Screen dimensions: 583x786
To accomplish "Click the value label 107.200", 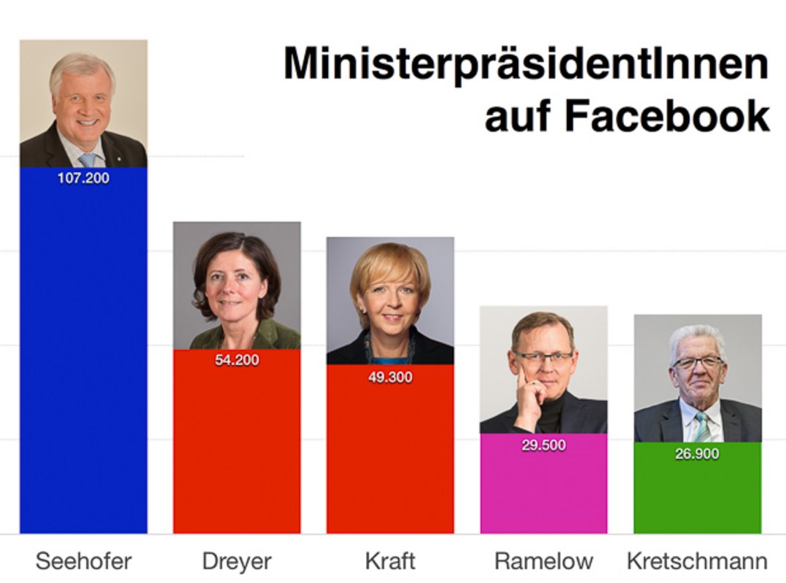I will click(x=83, y=177).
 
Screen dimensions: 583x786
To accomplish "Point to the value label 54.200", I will click(x=236, y=360).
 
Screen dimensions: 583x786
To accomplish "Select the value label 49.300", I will click(x=390, y=377).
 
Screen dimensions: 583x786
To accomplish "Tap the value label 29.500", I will click(x=543, y=445).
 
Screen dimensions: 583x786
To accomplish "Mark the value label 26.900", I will click(x=697, y=454).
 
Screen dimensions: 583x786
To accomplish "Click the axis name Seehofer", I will click(x=84, y=561).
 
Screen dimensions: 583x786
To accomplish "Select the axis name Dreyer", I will click(x=236, y=561).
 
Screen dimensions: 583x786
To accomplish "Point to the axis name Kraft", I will click(x=390, y=561).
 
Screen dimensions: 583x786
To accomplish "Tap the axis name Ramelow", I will click(x=543, y=561).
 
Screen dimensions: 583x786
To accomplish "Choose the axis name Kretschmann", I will click(x=697, y=561).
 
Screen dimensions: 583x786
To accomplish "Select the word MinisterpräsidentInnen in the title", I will click(x=526, y=63).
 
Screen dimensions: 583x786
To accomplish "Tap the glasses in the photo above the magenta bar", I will click(x=544, y=357).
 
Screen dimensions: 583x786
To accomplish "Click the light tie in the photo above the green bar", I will click(x=701, y=426).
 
